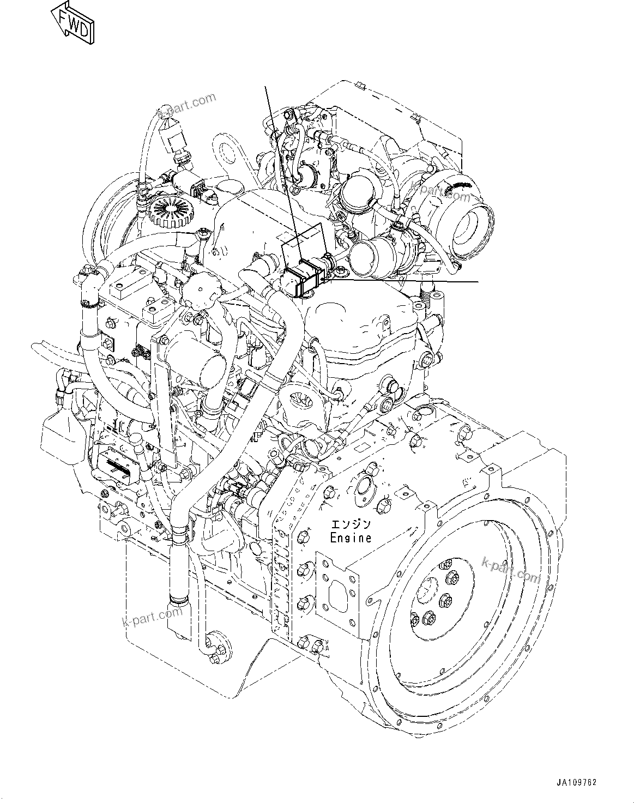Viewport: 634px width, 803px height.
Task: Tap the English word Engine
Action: click(x=351, y=538)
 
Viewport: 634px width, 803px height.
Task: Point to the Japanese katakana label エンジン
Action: click(x=351, y=524)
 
